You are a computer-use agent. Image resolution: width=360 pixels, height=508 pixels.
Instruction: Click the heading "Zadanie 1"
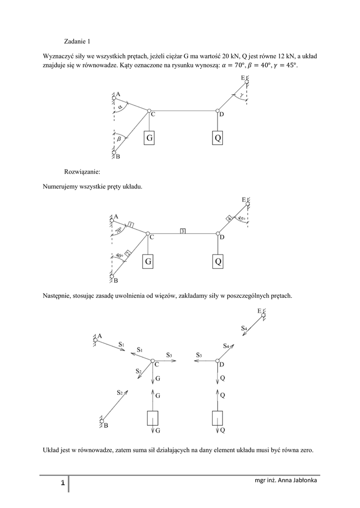(x=77, y=41)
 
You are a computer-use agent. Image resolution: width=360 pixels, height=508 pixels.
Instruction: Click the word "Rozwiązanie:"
(x=82, y=172)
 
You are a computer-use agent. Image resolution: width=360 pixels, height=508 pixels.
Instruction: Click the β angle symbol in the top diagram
(x=118, y=139)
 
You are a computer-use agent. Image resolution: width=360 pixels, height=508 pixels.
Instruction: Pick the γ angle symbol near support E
(x=241, y=94)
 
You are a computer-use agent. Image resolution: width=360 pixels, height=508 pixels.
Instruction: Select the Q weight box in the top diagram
(x=217, y=138)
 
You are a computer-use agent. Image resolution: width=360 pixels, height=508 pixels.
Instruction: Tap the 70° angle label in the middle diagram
(x=119, y=231)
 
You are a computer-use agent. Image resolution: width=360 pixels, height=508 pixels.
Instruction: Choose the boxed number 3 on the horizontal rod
(x=183, y=231)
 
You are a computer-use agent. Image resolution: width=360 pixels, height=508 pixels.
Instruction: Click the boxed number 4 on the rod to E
(x=229, y=218)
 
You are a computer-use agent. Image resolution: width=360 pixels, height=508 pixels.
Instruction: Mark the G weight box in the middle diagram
(x=148, y=261)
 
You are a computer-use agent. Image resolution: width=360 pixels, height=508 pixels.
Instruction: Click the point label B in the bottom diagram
(x=106, y=426)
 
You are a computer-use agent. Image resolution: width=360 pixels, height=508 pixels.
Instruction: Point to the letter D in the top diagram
(x=221, y=115)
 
